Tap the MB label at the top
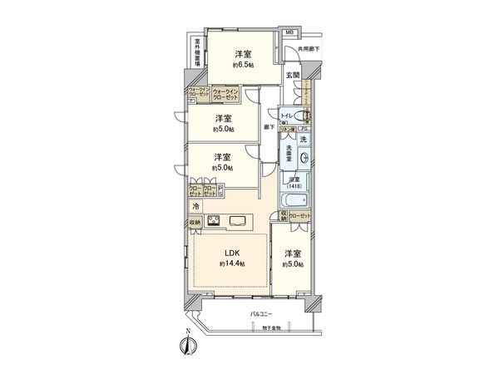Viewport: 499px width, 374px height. point(289,32)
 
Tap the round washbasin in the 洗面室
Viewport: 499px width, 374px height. point(304,159)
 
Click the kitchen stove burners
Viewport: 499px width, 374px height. point(212,221)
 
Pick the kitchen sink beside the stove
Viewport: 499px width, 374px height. point(238,221)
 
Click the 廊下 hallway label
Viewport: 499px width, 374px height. point(268,126)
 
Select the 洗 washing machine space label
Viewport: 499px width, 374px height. point(303,139)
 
